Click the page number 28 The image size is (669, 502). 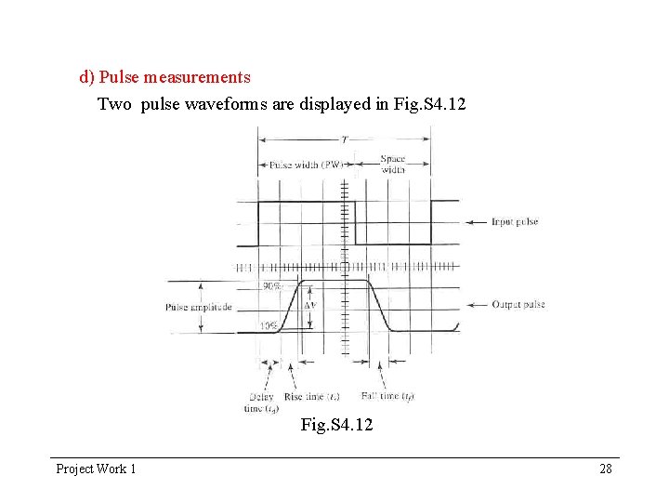pos(606,469)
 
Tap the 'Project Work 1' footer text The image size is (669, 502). pos(96,469)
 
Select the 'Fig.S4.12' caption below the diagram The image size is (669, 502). pos(336,426)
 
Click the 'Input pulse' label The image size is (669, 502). pos(515,222)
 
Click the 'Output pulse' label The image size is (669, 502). pos(518,305)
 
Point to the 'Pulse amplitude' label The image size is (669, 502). pos(198,308)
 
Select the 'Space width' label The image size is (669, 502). pos(393,165)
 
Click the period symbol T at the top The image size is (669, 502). pos(344,139)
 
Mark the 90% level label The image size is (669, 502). pos(272,287)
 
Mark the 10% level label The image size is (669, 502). pos(269,325)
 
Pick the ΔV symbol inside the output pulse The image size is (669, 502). pos(312,305)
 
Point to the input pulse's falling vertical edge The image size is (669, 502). pos(355,223)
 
